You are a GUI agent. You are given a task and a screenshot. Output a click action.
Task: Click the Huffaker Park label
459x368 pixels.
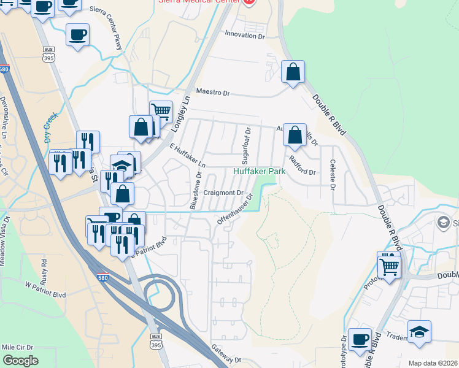260,172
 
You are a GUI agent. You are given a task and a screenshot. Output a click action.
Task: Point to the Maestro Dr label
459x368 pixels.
212,93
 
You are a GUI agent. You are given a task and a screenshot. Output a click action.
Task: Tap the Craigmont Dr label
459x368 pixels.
223,193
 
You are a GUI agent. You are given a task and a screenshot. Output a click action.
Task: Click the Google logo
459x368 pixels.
20,361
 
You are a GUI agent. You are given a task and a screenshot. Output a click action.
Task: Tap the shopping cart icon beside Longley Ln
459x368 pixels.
161,111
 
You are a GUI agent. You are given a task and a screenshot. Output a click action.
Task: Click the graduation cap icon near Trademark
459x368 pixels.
419,331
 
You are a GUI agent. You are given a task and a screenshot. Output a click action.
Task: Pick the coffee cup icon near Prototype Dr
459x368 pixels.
360,339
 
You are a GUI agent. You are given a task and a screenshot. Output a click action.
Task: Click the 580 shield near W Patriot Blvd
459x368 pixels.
104,278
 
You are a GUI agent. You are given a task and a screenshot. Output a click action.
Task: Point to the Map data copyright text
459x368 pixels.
433,363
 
